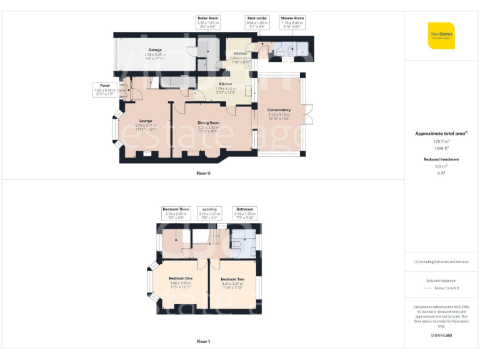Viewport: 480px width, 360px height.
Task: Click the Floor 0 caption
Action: click(x=204, y=173)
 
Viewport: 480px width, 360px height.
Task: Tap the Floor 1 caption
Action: click(x=204, y=342)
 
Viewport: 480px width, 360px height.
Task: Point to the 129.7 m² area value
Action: click(x=441, y=142)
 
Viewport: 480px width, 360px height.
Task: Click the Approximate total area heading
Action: click(x=441, y=134)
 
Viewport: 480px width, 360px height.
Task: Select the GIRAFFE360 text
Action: click(x=441, y=336)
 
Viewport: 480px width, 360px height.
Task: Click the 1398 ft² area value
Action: click(x=441, y=149)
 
